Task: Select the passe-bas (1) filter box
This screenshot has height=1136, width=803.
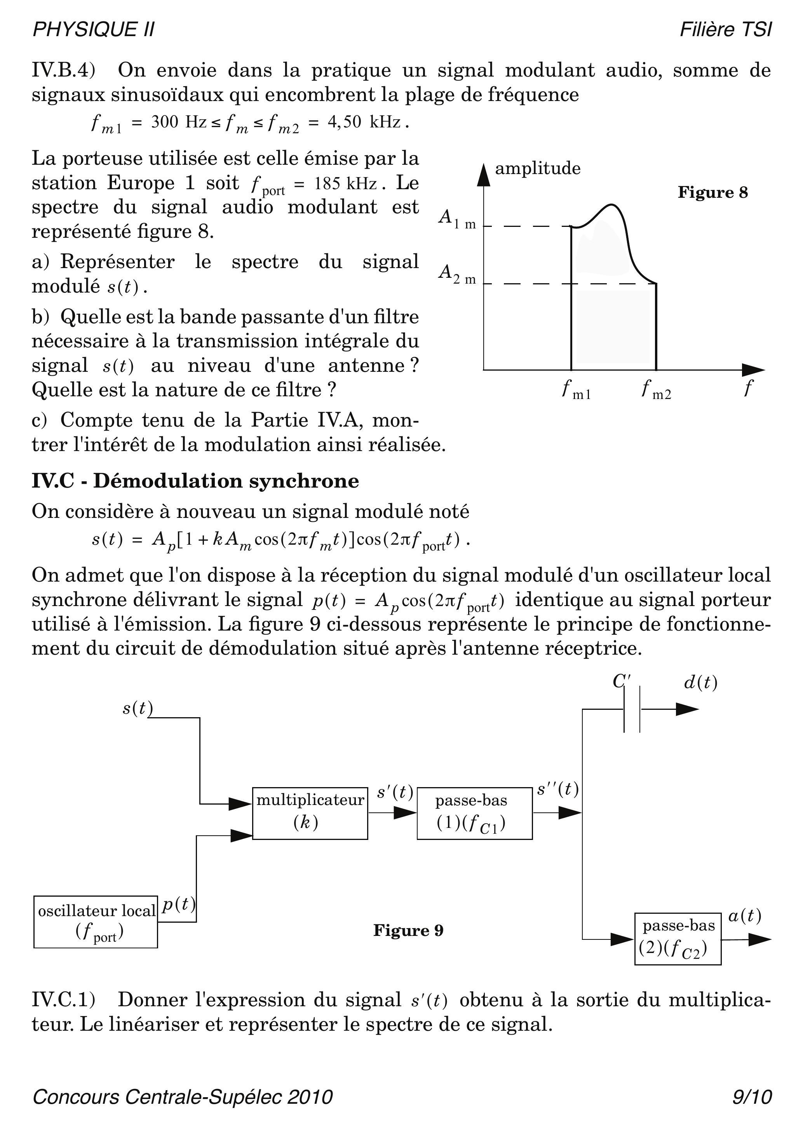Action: tap(474, 813)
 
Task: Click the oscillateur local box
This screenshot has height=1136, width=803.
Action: tap(96, 921)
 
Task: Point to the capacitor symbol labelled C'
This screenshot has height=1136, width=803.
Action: tap(631, 709)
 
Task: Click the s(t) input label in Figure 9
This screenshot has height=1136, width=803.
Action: tap(137, 708)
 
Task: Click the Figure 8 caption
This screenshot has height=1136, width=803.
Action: tap(712, 192)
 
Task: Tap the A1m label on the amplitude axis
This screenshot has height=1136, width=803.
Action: tap(457, 219)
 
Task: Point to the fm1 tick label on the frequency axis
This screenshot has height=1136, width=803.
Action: tap(576, 390)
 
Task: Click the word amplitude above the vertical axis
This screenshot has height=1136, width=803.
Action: tap(537, 168)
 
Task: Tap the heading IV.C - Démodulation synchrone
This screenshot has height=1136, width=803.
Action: tap(195, 481)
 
